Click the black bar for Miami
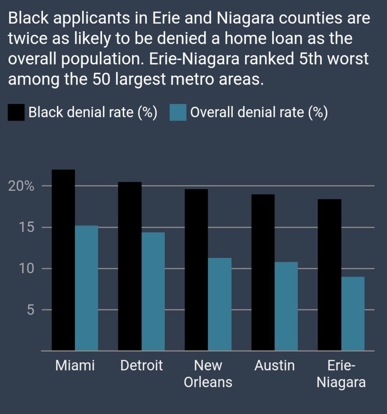(x=63, y=260)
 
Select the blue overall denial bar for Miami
(x=87, y=288)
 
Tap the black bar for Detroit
(x=130, y=266)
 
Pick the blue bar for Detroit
(x=153, y=291)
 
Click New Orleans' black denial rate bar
(x=196, y=270)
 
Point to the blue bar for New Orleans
(x=220, y=304)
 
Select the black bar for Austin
(x=263, y=272)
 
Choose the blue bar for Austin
(x=286, y=306)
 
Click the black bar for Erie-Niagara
(x=329, y=275)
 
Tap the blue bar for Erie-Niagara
(x=353, y=314)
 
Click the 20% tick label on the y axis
(x=21, y=186)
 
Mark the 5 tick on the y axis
(x=30, y=310)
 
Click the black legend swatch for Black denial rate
(x=16, y=112)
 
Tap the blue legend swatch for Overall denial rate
(x=178, y=112)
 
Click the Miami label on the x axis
(x=75, y=366)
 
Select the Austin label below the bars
(x=274, y=366)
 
